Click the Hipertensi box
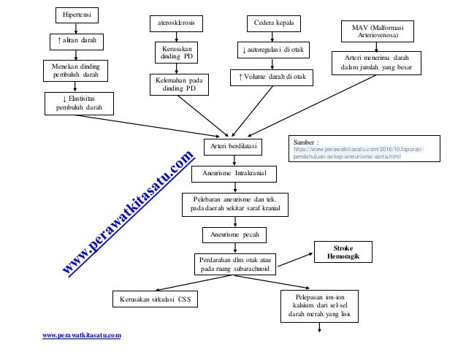click(77, 15)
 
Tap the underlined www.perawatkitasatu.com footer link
click(82, 334)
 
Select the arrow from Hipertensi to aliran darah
click(77, 28)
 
